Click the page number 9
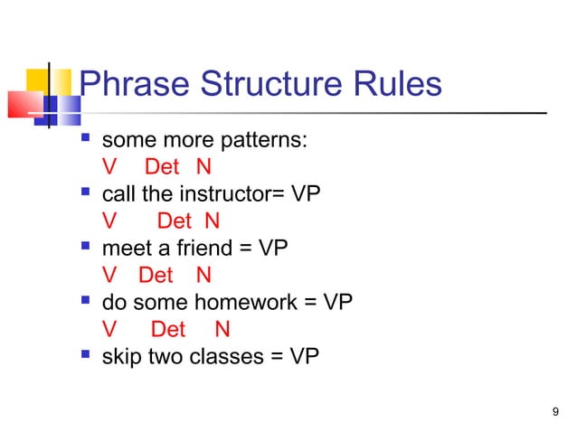pos(554,413)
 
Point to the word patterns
pos(268,141)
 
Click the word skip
pos(119,356)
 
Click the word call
pos(118,193)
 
